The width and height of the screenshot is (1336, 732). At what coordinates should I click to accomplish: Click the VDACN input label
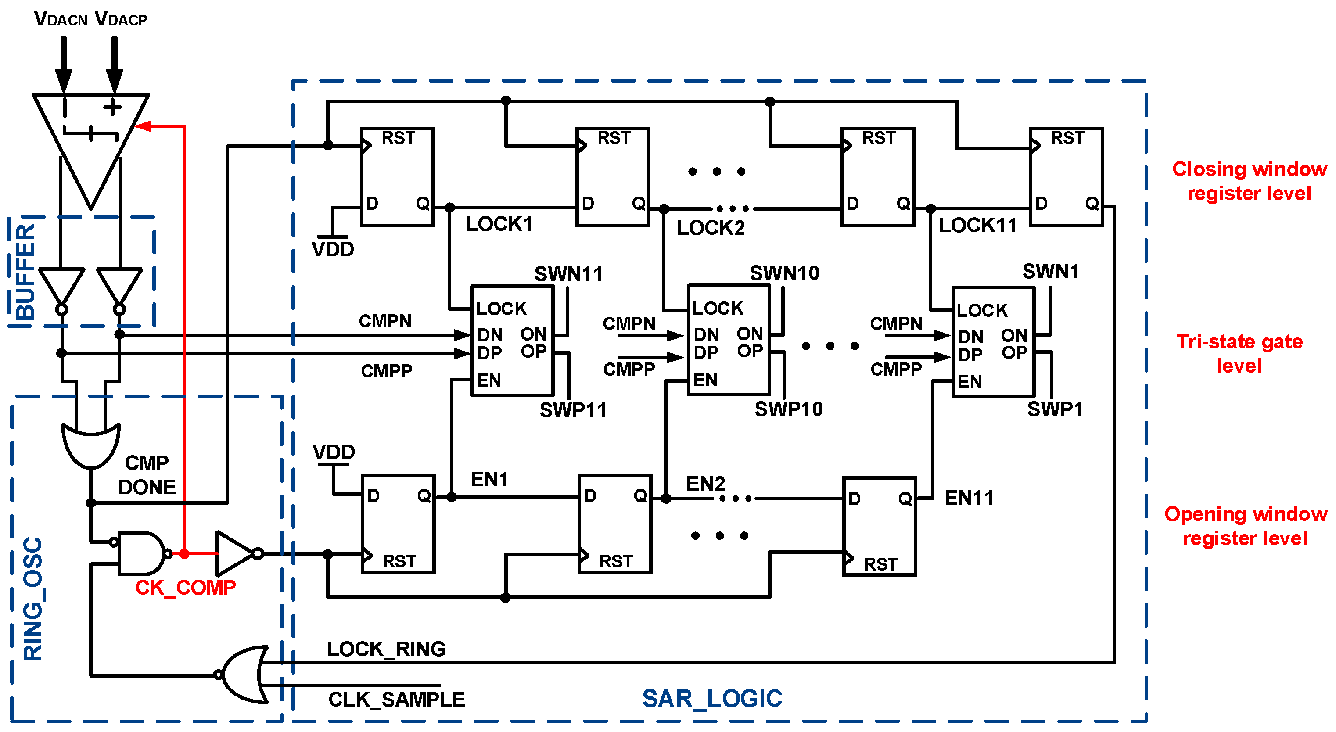coord(60,19)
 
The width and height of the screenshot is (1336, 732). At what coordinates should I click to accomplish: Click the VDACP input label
coord(121,19)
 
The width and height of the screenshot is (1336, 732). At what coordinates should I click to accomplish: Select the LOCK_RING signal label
coord(386,649)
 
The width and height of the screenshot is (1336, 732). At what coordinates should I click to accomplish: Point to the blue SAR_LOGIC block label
coord(711,699)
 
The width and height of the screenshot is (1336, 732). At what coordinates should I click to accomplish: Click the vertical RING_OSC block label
coord(32,599)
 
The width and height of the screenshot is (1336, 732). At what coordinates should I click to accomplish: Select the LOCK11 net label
coord(977,226)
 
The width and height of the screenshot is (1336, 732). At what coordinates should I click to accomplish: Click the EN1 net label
coord(489,480)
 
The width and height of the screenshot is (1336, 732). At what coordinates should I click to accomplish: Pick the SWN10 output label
coord(784,273)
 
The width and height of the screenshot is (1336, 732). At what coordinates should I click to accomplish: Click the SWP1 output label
coord(1055,409)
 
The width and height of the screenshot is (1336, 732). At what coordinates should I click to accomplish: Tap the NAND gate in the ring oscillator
coord(140,553)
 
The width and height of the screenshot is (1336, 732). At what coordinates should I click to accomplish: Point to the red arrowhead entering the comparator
coord(143,126)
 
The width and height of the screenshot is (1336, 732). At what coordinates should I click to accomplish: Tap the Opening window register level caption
coord(1245,526)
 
